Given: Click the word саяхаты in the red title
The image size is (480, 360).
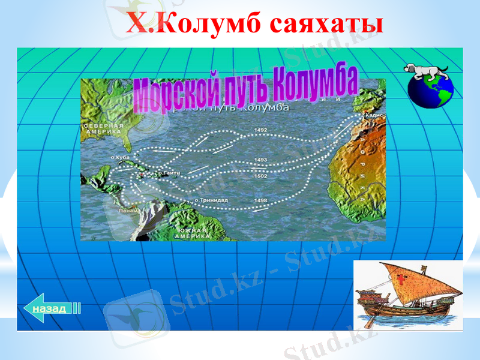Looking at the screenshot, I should coord(326,25).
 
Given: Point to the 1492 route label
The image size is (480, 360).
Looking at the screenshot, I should coord(261,130).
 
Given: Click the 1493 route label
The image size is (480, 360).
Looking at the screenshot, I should coord(261,160).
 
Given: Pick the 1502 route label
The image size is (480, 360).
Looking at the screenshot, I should coord(261,176).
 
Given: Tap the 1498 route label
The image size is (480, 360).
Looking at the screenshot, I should coord(261,200).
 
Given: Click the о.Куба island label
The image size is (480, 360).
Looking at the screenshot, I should coord(121,157).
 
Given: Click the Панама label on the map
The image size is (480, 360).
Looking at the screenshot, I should coord(128,211).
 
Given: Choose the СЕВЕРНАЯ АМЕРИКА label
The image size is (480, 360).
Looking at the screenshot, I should coord(104,128).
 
